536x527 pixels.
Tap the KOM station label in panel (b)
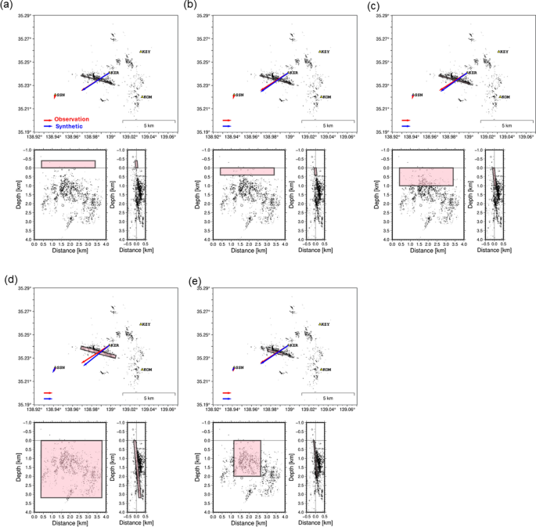325,97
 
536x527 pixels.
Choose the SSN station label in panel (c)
418,95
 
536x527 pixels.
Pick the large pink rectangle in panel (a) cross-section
68,164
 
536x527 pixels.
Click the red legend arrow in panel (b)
227,120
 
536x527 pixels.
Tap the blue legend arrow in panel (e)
227,399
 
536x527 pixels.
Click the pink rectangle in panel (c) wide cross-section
426,176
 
